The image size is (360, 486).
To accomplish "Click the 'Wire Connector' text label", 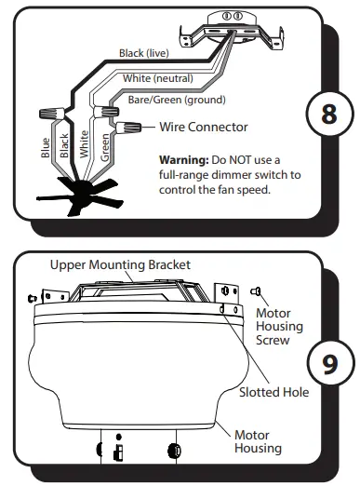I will tap(204, 127).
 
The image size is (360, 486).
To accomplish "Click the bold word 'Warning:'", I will tap(186, 159).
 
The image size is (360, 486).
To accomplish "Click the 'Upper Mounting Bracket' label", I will tap(120, 265).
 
